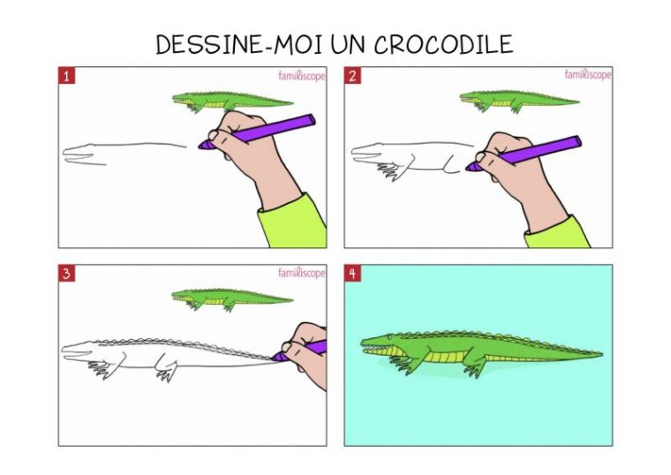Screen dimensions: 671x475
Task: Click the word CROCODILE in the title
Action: pyautogui.click(x=443, y=43)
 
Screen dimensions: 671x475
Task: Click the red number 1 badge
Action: pyautogui.click(x=66, y=76)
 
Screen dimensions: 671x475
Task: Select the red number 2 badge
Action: pyautogui.click(x=352, y=76)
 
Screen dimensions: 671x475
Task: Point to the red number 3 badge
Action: pyautogui.click(x=66, y=274)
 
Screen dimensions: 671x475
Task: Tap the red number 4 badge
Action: pyautogui.click(x=352, y=274)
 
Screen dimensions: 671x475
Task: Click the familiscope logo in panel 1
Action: pyautogui.click(x=302, y=76)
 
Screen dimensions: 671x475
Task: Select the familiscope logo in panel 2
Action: pyautogui.click(x=588, y=74)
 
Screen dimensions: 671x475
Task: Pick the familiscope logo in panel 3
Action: pyautogui.click(x=302, y=273)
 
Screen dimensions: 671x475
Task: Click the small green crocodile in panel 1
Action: pyautogui.click(x=231, y=102)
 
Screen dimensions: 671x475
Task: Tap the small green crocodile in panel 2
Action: pyautogui.click(x=517, y=102)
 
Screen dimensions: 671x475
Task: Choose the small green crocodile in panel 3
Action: pyautogui.click(x=231, y=299)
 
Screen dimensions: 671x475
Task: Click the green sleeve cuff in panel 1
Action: pyautogui.click(x=293, y=222)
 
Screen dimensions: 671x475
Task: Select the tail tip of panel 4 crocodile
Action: pyautogui.click(x=600, y=354)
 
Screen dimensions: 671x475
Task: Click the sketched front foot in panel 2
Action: pyautogui.click(x=389, y=171)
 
